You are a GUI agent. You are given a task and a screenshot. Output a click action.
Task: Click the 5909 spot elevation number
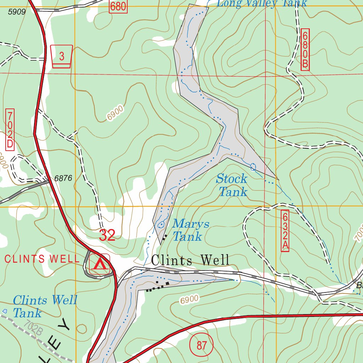pos(17,12)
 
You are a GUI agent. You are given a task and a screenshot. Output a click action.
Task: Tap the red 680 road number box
pos(118,6)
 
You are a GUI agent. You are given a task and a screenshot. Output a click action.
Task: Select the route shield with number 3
pos(62,56)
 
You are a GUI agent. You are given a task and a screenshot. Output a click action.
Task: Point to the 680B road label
pos(305,50)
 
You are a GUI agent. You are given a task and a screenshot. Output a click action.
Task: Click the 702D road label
pos(10,129)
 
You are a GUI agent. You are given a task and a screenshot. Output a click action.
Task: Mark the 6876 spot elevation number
pos(63,179)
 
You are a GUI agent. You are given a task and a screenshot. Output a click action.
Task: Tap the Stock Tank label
pos(232,185)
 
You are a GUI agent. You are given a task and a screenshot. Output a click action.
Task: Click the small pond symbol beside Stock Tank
pos(253,167)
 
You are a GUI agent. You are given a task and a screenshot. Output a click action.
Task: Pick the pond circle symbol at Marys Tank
pos(161,224)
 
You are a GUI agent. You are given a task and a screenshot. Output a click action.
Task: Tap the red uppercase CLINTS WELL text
pos(42,259)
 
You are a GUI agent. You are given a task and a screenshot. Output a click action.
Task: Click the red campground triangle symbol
pos(100,264)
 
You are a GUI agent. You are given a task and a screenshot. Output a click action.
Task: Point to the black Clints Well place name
pos(190,261)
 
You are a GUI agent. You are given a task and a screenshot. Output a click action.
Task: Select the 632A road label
pos(285,231)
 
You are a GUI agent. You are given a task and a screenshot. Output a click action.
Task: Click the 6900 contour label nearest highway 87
pos(189,300)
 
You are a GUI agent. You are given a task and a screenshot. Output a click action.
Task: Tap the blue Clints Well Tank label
pos(44,307)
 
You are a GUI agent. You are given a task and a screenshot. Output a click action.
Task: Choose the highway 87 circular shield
pos(201,345)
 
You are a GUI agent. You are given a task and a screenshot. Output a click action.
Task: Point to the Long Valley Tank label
pos(262,4)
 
